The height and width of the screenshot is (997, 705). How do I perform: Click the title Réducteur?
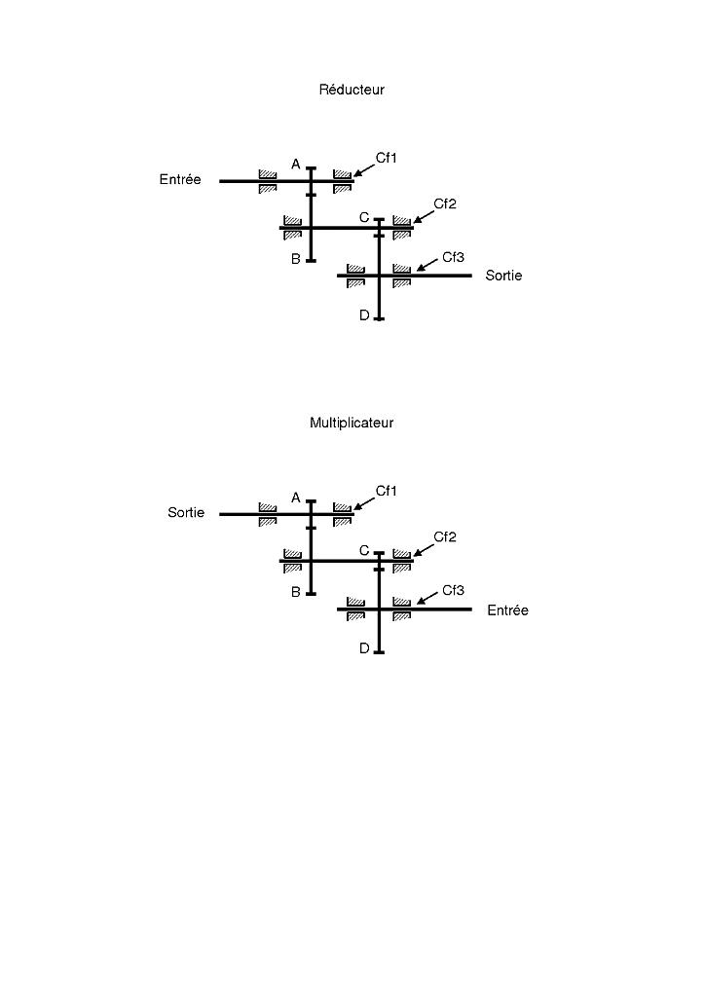pos(352,90)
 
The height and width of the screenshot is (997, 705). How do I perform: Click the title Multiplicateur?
pos(352,423)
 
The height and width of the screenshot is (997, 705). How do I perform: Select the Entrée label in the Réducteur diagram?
pos(180,179)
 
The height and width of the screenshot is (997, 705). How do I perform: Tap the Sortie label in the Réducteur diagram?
pos(503,276)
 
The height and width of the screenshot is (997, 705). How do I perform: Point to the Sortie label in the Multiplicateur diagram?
pos(186,512)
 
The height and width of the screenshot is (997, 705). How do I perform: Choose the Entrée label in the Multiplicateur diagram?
pos(507,610)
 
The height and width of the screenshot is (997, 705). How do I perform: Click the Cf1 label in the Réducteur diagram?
pos(387,158)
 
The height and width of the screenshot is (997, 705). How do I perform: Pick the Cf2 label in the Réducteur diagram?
pos(445,204)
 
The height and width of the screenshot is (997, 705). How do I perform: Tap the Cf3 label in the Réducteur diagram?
pos(453,257)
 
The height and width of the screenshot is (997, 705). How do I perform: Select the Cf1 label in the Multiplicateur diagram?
pos(387,491)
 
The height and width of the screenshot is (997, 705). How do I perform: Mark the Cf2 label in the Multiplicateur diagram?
pos(445,537)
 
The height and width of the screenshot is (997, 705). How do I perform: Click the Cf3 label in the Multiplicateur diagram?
pos(453,590)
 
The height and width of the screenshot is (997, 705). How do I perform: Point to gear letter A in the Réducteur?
pos(296,165)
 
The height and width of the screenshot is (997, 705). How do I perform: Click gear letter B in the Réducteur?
pos(296,260)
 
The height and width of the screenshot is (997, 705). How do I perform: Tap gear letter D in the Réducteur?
pos(364,315)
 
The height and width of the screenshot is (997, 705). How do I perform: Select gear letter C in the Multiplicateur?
pos(364,551)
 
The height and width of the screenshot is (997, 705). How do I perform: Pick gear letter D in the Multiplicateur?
pos(364,648)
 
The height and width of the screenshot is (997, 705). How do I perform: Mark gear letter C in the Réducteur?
pos(364,218)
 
